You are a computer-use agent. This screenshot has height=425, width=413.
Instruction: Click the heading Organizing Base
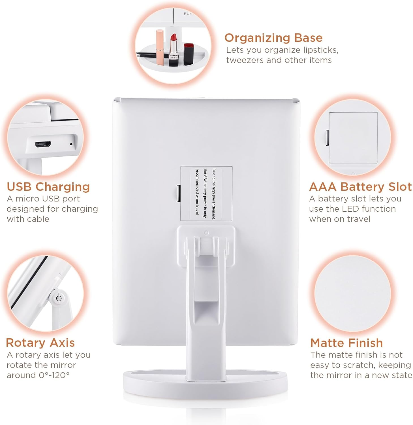[273, 38]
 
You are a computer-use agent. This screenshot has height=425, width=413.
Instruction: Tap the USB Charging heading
[48, 187]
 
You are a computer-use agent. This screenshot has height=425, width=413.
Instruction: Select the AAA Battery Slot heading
[360, 187]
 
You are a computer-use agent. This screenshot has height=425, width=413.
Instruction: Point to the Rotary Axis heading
[40, 343]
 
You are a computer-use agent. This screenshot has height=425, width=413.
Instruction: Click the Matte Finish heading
[346, 343]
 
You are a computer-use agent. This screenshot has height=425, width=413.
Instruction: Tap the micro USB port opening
[43, 144]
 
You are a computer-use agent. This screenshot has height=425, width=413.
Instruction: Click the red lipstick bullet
[173, 37]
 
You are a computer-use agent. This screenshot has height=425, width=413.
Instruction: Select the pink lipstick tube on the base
[161, 47]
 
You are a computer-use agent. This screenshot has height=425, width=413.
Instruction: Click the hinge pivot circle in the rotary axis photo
[59, 298]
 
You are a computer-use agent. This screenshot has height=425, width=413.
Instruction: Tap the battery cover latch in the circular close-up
[327, 138]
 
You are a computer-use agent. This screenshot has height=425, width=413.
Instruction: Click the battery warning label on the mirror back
[206, 194]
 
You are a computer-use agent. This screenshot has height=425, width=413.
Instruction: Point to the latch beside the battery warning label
[178, 194]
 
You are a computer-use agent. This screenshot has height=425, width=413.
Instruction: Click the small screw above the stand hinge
[206, 233]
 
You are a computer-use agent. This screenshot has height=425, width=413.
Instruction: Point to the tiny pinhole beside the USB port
[71, 144]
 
